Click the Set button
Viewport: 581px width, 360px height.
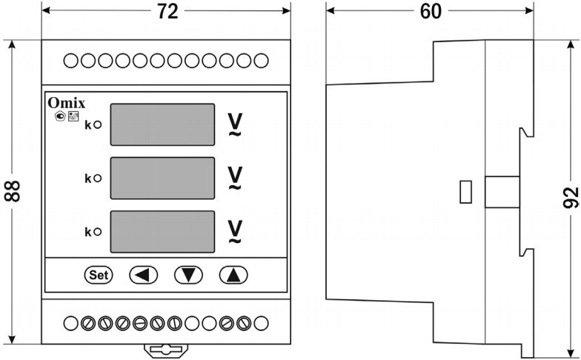pos(98,275)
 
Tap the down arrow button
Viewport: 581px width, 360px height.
pos(188,275)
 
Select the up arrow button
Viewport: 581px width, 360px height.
pos(233,275)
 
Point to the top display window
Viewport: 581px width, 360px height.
pos(162,124)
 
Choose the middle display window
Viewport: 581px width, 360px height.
pos(162,178)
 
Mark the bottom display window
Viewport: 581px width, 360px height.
pos(162,232)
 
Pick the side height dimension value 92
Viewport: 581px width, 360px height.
pos(571,198)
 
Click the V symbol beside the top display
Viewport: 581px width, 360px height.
pos(234,123)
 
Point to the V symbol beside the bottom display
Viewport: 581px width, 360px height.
pos(234,230)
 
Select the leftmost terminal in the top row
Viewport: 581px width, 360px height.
pos(70,60)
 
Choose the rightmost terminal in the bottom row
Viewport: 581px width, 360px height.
pos(262,323)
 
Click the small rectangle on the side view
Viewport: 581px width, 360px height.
pos(466,191)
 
